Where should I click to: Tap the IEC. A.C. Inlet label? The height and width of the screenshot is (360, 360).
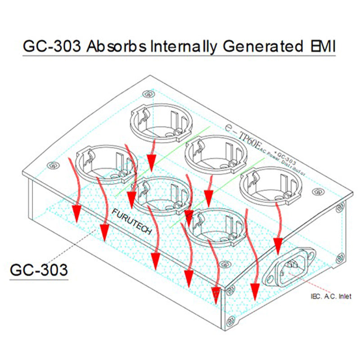pyautogui.click(x=331, y=296)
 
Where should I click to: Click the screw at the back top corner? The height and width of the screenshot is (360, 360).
pyautogui.click(x=149, y=94)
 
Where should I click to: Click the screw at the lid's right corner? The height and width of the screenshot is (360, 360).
pyautogui.click(x=320, y=192)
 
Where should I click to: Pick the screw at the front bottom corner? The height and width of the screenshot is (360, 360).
pyautogui.click(x=231, y=321)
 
